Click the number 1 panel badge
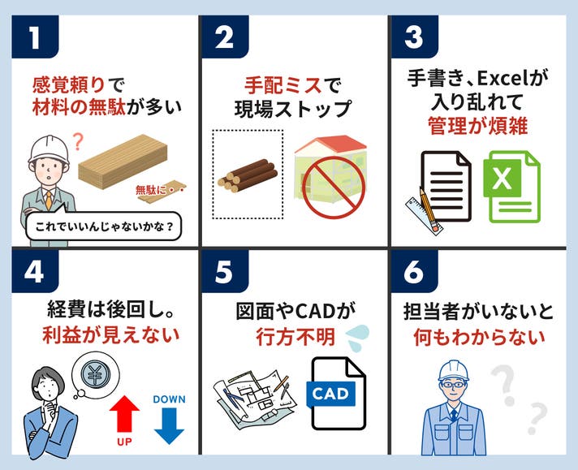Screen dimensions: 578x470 point(35,37)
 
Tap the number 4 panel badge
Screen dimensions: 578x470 point(35,272)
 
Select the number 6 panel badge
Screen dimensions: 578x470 point(414,272)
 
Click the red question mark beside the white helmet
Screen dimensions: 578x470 point(78,142)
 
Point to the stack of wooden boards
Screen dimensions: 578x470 point(123,162)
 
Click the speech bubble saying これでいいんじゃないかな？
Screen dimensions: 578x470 point(104,226)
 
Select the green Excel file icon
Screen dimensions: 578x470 point(511,187)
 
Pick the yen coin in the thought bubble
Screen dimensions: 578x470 point(95,373)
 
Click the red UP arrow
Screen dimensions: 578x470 point(124,414)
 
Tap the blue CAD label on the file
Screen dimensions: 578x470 point(330,394)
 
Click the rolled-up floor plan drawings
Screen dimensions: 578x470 point(255,399)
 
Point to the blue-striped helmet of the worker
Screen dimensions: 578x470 point(454,371)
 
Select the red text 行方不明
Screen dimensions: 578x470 point(295,337)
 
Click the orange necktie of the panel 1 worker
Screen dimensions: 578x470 point(49,201)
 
